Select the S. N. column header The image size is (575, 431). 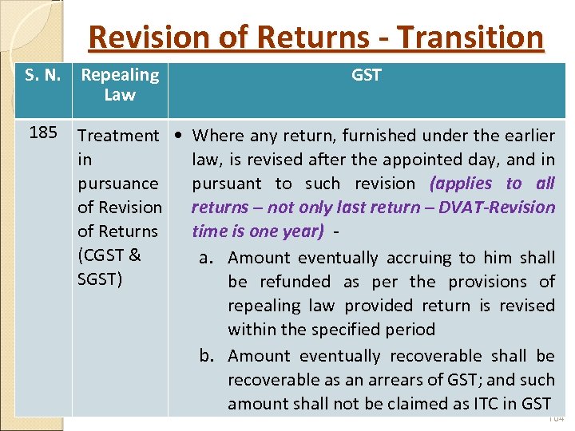[x=42, y=75]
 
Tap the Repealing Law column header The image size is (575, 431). [x=120, y=85]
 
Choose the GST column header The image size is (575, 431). [x=367, y=75]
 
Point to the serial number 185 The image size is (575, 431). [x=42, y=132]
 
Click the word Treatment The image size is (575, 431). [x=118, y=136]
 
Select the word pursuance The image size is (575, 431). [x=118, y=184]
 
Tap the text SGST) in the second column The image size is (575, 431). [x=100, y=279]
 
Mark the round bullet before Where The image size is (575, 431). [x=183, y=136]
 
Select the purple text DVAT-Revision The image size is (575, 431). [x=501, y=208]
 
